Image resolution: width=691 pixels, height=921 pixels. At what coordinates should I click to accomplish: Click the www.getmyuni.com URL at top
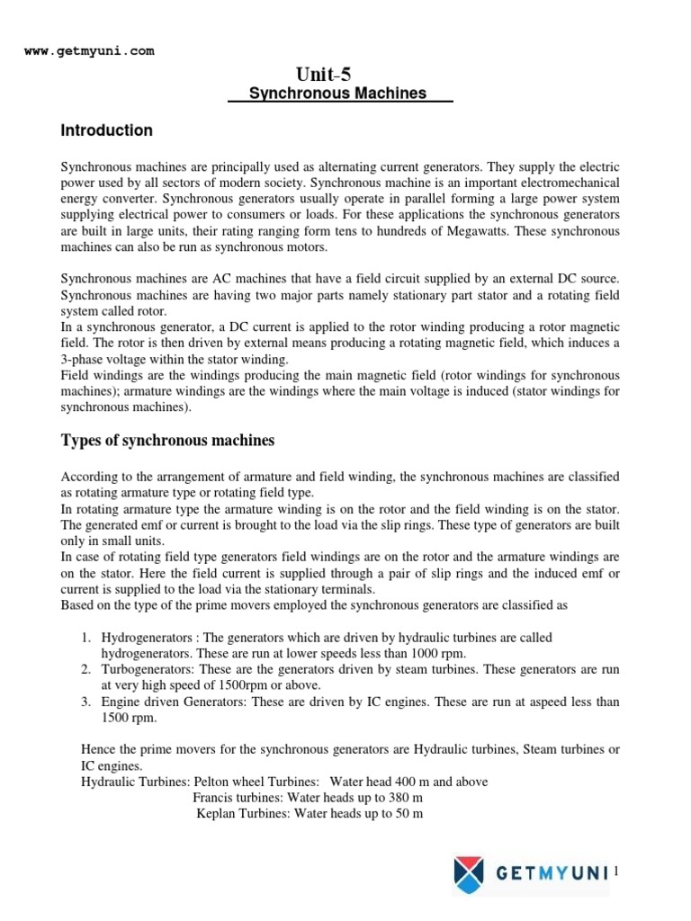tap(89, 51)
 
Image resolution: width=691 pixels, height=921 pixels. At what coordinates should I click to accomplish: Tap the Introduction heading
tap(106, 130)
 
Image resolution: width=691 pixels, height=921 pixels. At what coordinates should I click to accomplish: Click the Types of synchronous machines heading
tap(167, 440)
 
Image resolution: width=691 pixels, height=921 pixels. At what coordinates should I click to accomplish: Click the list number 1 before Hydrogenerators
tap(85, 638)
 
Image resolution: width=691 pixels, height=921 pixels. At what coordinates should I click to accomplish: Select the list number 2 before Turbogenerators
tap(85, 670)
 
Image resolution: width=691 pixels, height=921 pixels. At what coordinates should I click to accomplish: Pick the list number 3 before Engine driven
tap(85, 702)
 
